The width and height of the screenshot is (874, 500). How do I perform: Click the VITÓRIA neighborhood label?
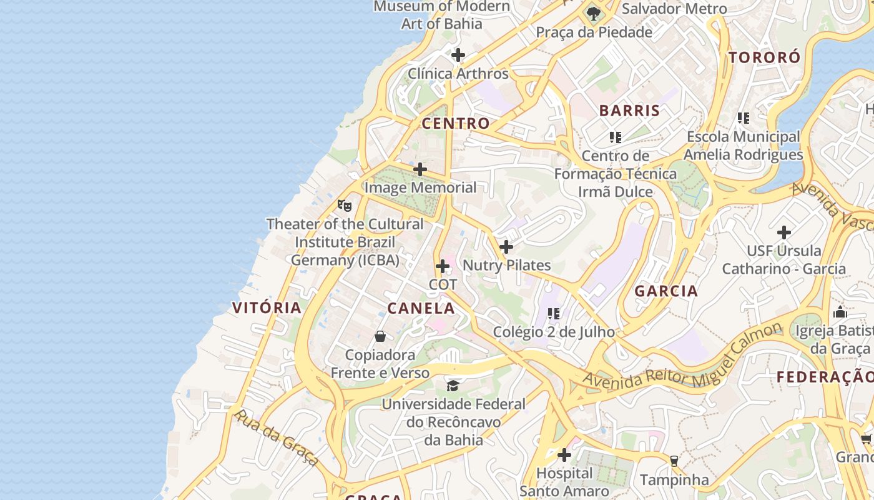pyautogui.click(x=267, y=307)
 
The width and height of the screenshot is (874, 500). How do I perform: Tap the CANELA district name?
pyautogui.click(x=421, y=308)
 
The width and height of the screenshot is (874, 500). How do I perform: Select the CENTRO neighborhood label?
pyautogui.click(x=456, y=123)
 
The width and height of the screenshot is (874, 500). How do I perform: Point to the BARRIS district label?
pyautogui.click(x=629, y=111)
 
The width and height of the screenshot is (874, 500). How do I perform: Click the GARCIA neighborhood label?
pyautogui.click(x=666, y=291)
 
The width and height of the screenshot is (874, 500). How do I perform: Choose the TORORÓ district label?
pyautogui.click(x=764, y=57)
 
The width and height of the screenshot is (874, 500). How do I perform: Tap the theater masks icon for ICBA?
pyautogui.click(x=344, y=205)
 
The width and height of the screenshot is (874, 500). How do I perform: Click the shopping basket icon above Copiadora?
pyautogui.click(x=380, y=336)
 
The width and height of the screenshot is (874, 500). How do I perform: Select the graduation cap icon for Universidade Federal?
pyautogui.click(x=453, y=386)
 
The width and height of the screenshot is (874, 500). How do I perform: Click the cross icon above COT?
pyautogui.click(x=443, y=267)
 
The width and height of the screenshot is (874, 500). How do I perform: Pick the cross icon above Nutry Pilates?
pyautogui.click(x=506, y=247)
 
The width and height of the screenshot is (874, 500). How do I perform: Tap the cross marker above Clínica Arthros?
pyautogui.click(x=458, y=55)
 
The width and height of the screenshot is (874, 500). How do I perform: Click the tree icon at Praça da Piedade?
pyautogui.click(x=593, y=14)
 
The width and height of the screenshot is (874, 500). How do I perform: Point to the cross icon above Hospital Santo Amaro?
pyautogui.click(x=564, y=455)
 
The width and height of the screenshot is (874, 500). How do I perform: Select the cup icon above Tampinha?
pyautogui.click(x=674, y=461)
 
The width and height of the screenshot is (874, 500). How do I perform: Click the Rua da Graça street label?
pyautogui.click(x=275, y=437)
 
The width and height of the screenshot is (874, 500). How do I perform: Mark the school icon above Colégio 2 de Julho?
pyautogui.click(x=554, y=314)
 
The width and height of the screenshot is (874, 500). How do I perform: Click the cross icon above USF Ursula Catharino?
pyautogui.click(x=784, y=232)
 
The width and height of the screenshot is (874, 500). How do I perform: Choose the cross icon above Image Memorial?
pyautogui.click(x=420, y=169)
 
